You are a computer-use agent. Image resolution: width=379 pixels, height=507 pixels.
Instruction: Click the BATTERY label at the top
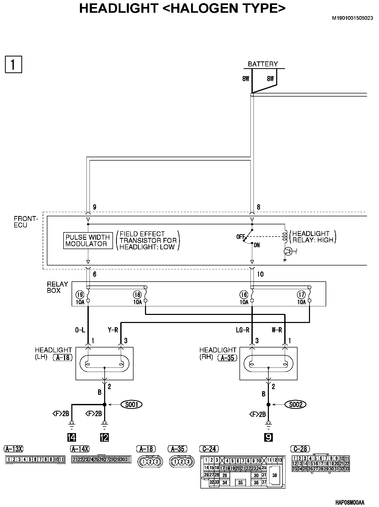pyautogui.click(x=263, y=64)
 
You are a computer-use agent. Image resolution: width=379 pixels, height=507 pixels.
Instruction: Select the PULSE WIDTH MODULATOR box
pyautogui.click(x=88, y=240)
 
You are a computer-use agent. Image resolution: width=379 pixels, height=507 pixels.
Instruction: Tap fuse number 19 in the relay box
pyautogui.click(x=80, y=295)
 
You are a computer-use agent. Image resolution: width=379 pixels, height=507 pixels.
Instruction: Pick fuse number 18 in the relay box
pyautogui.click(x=137, y=295)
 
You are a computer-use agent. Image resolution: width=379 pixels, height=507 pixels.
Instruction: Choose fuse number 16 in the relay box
pyautogui.click(x=244, y=295)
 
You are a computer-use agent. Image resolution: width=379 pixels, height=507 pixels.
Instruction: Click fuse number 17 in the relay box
pyautogui.click(x=301, y=295)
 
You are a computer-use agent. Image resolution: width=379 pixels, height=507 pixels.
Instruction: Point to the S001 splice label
pyautogui.click(x=132, y=404)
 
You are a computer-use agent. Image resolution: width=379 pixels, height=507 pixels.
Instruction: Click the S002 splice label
pyautogui.click(x=296, y=404)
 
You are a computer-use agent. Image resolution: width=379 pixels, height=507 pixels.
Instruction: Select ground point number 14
pyautogui.click(x=72, y=437)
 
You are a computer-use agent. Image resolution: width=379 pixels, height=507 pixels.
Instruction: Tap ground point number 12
pyautogui.click(x=104, y=437)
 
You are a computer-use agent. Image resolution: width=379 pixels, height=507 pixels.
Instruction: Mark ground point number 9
pyautogui.click(x=268, y=437)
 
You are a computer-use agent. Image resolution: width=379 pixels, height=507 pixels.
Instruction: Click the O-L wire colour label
pyautogui.click(x=80, y=330)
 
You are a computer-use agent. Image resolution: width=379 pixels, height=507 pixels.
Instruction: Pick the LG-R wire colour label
pyautogui.click(x=242, y=330)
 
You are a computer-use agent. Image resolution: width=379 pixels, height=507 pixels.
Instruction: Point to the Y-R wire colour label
pyautogui.click(x=113, y=330)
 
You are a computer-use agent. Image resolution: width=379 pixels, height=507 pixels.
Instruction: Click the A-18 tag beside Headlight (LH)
pyautogui.click(x=63, y=358)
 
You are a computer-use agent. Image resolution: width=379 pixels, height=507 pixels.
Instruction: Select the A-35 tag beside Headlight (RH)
pyautogui.click(x=228, y=358)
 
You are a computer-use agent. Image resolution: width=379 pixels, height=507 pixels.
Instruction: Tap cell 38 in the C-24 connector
pyautogui.click(x=274, y=476)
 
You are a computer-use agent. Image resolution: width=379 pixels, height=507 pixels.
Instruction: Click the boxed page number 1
pyautogui.click(x=14, y=64)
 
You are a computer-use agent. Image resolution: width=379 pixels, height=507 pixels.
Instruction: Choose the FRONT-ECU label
pyautogui.click(x=26, y=222)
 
